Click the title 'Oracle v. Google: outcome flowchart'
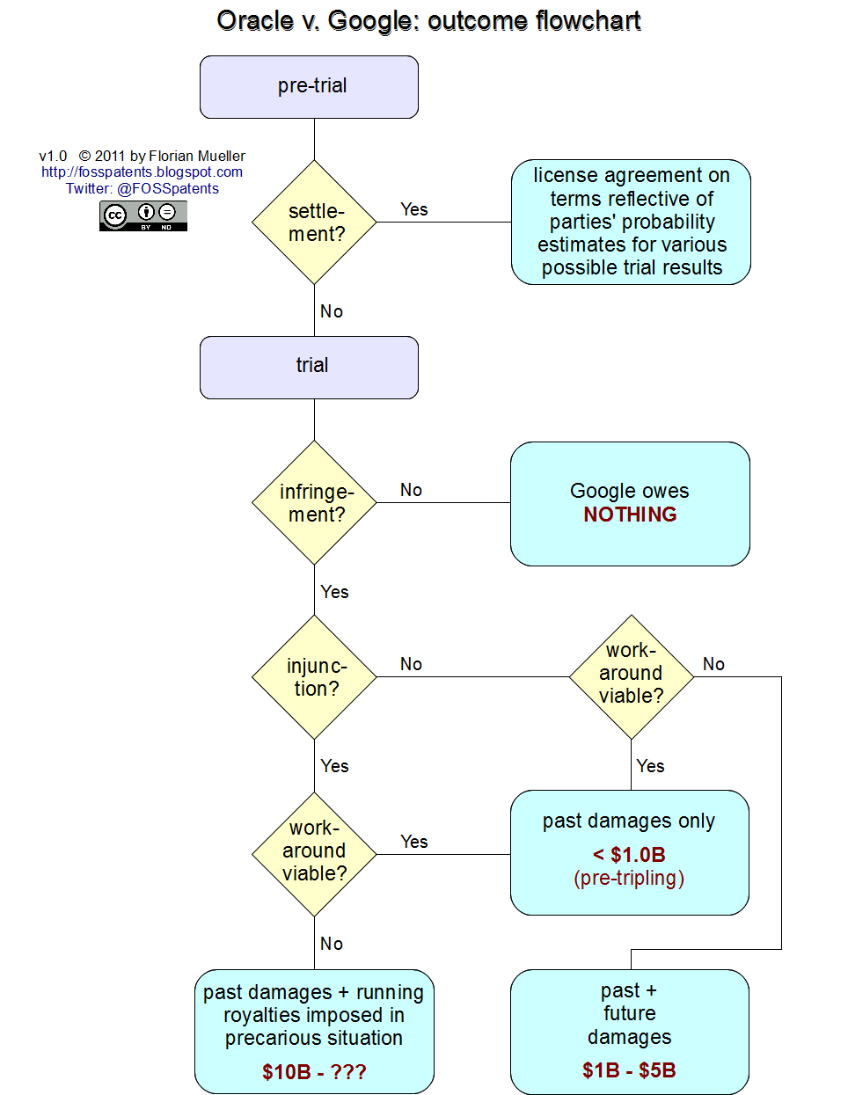point(428,21)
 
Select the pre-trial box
point(309,87)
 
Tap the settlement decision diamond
point(314,223)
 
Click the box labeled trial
point(309,367)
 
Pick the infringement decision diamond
point(314,503)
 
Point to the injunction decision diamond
point(314,677)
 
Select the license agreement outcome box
point(631,223)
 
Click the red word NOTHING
point(630,515)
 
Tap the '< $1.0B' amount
point(629,855)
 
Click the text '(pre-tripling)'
point(629,878)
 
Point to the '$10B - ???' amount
point(314,1071)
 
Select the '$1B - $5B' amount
point(629,1070)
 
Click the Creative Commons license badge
point(143,215)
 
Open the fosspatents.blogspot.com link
point(142,172)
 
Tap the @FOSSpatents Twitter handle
point(168,188)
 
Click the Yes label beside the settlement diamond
point(413,209)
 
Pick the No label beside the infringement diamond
point(411,490)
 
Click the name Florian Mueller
point(197,156)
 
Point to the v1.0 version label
point(53,156)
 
